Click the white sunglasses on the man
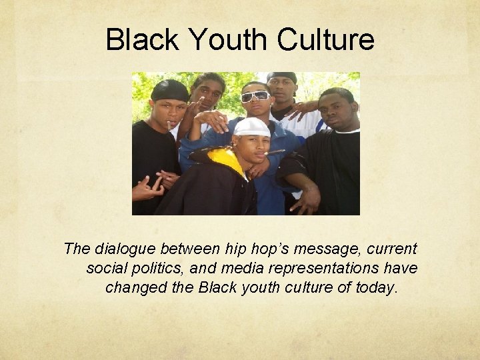[255, 96]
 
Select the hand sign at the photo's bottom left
[147, 189]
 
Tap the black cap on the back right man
[281, 77]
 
